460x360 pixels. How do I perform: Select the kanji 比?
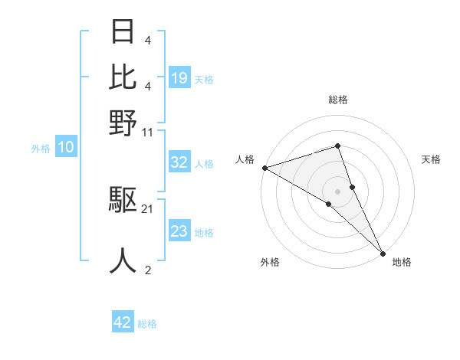click(x=123, y=77)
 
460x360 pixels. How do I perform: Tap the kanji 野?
click(x=123, y=122)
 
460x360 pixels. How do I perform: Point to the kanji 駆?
click(x=123, y=201)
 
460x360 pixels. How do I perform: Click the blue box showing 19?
click(x=179, y=78)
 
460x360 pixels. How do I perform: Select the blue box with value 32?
click(x=179, y=162)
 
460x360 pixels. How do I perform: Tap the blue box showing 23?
click(x=179, y=231)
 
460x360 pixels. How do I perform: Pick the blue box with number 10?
click(x=66, y=148)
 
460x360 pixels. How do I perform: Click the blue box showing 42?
click(x=123, y=322)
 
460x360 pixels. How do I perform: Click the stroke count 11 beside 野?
click(x=148, y=131)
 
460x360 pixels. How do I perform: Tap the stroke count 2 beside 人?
click(x=147, y=270)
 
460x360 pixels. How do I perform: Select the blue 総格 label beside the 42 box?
click(x=147, y=324)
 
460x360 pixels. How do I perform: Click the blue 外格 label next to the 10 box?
click(x=41, y=149)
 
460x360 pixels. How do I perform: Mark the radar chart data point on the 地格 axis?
click(x=383, y=251)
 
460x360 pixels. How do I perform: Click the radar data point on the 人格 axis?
click(x=264, y=168)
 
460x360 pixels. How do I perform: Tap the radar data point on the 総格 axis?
click(x=337, y=146)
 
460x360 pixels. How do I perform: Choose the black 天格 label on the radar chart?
click(x=431, y=159)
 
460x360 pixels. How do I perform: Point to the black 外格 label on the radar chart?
click(x=270, y=263)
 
